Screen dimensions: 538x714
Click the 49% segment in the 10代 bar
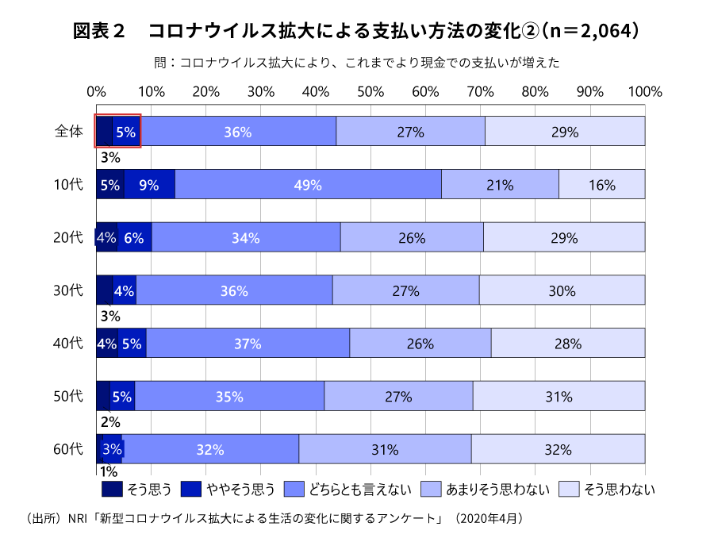[x=308, y=185]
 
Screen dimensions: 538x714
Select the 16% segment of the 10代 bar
[x=602, y=185]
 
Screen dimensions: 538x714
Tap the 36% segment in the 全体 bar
[x=238, y=132]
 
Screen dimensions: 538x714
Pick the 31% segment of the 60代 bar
[x=385, y=449]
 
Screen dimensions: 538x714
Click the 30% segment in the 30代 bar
[x=562, y=290]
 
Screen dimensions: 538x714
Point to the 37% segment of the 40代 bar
[x=248, y=344]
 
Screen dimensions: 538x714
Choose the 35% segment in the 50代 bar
[x=229, y=397]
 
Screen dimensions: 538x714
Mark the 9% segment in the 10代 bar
[x=149, y=185]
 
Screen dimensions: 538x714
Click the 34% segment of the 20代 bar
[x=246, y=237]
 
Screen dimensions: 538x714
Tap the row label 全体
[x=68, y=132]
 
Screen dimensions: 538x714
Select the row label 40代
[x=68, y=344]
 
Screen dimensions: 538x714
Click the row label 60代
[x=68, y=449]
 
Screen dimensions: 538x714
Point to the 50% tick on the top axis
[x=370, y=91]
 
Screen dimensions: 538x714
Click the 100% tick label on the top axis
[x=644, y=91]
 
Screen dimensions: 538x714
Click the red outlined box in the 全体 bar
[x=118, y=131]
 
